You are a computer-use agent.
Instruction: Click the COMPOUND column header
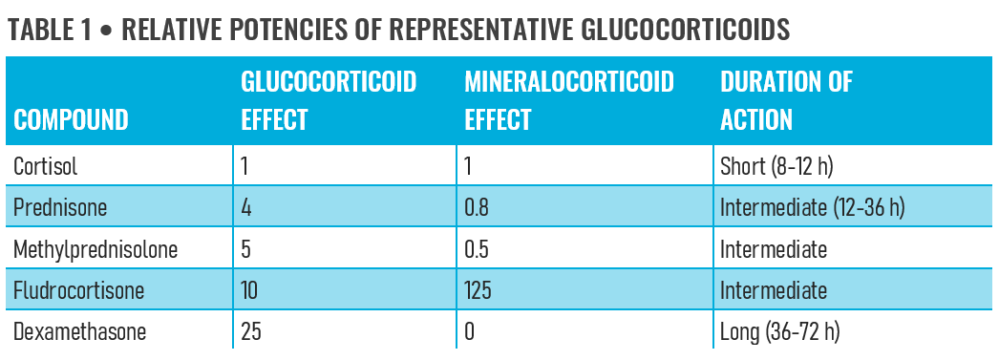point(71,120)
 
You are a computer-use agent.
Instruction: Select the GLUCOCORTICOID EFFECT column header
point(329,100)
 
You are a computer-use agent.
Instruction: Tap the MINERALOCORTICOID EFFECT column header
point(568,100)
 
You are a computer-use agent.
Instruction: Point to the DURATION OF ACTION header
point(786,100)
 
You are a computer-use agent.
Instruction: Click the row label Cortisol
point(46,166)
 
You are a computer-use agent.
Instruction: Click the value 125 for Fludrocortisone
point(478,289)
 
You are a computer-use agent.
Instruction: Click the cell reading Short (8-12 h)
point(777,166)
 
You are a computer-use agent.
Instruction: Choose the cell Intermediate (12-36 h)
point(812,207)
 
